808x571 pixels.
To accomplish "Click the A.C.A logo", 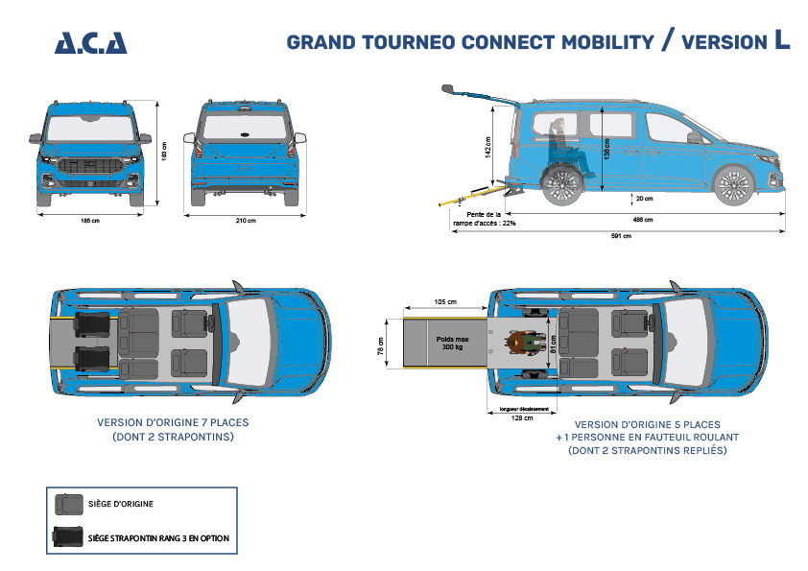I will (x=90, y=42).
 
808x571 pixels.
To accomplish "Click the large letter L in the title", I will (x=782, y=40).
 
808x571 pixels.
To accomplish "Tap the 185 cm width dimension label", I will (x=90, y=221).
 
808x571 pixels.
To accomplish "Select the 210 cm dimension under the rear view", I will (x=246, y=221).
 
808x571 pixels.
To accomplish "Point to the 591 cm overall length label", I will (x=621, y=237).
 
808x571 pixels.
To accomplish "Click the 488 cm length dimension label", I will (x=642, y=220).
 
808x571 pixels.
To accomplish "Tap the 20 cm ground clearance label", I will (x=644, y=199).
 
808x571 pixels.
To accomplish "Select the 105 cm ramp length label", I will (x=443, y=301).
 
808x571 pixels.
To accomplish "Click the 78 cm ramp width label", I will (x=381, y=345).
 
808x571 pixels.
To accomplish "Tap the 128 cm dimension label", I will (x=523, y=418).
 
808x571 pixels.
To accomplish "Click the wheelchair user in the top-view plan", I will (x=525, y=344).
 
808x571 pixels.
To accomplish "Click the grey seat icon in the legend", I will (x=68, y=503).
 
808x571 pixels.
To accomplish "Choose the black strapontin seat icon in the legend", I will (x=68, y=537).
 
